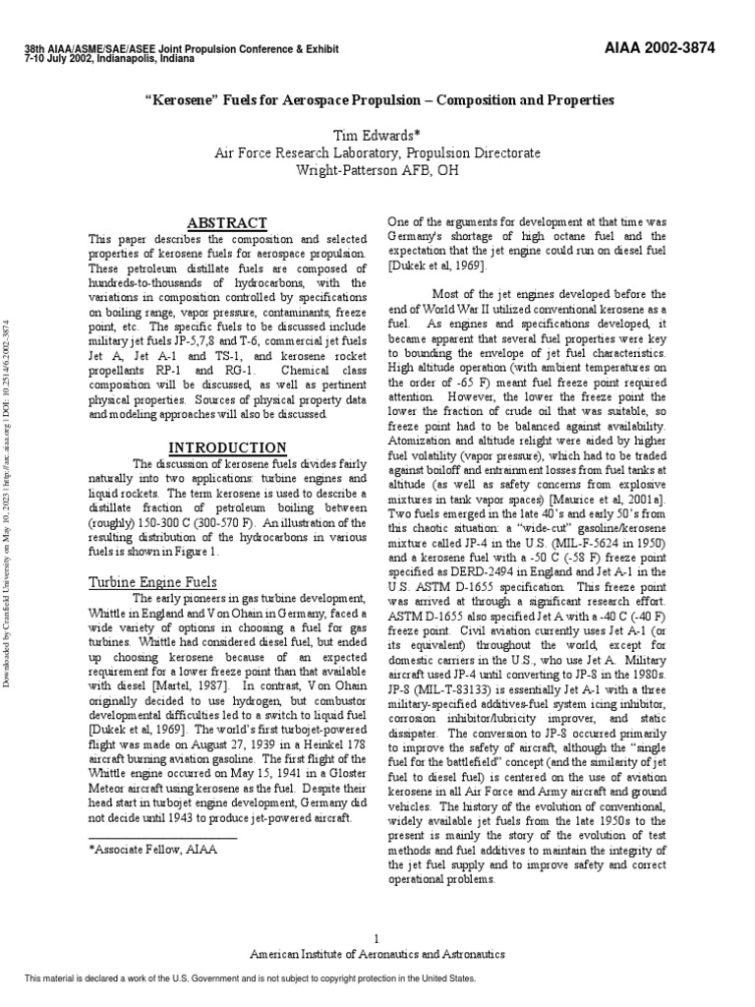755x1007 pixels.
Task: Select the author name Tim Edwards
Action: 377,135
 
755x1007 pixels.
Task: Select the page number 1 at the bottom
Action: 377,938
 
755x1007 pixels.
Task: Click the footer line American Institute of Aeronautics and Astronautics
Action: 377,954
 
